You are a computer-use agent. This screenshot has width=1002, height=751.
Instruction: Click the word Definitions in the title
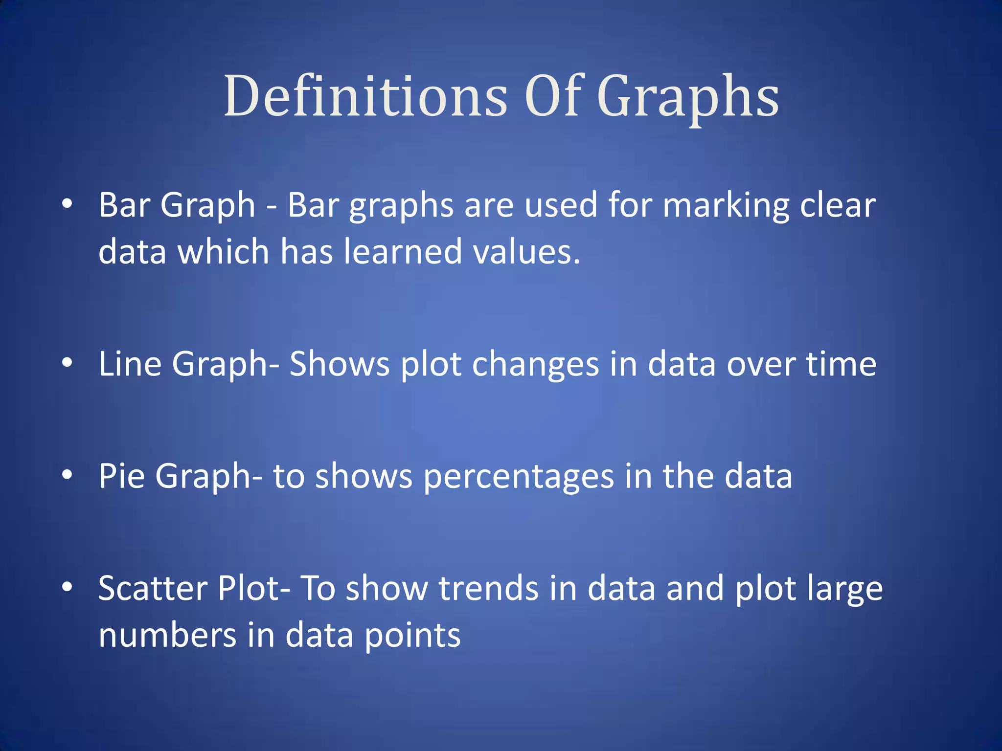tap(366, 96)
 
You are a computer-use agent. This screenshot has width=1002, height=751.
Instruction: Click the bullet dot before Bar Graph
tap(68, 203)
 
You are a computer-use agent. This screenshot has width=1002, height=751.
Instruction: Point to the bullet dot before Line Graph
tap(68, 362)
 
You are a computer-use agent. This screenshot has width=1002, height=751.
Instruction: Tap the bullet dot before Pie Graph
tap(68, 474)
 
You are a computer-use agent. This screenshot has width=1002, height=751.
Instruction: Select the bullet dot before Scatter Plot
tap(68, 586)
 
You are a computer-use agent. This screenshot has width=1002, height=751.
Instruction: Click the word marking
tap(726, 205)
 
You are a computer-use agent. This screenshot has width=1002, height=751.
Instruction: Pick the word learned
tap(403, 251)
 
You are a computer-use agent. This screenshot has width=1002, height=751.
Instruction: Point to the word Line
tap(130, 364)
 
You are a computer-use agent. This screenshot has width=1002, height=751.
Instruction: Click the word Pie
tap(122, 476)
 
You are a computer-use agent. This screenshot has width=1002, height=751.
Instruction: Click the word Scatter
tap(153, 588)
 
